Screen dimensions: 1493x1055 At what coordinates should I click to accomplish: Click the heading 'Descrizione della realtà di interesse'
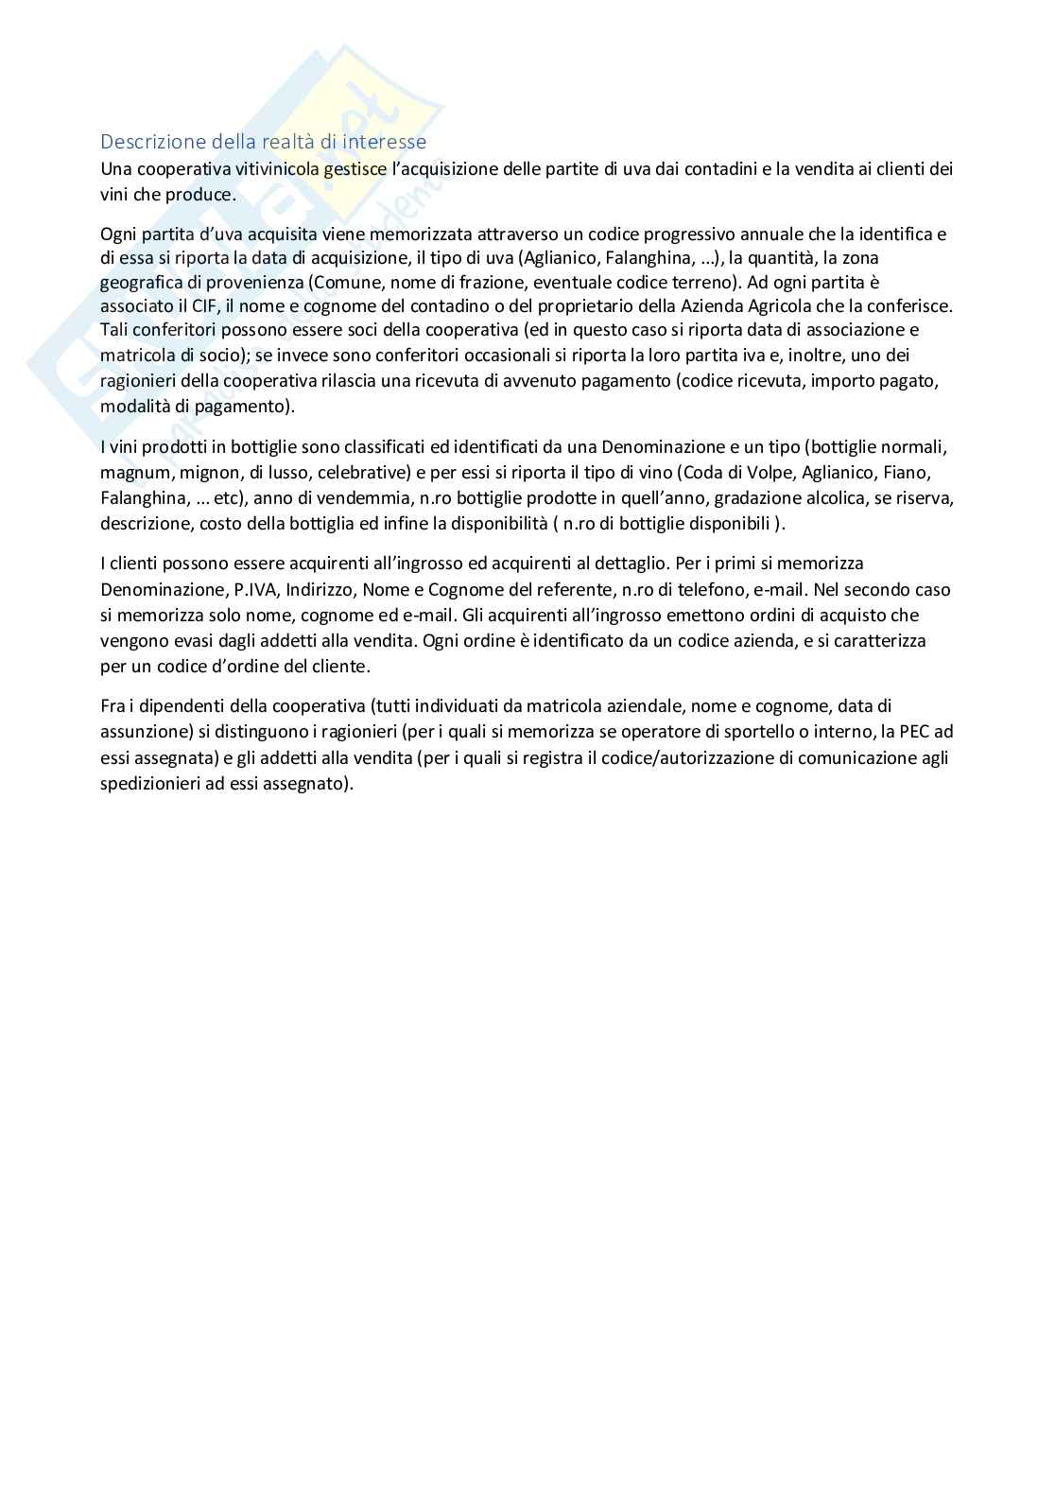(x=263, y=142)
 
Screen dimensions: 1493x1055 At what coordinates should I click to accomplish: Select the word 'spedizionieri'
(x=149, y=783)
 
